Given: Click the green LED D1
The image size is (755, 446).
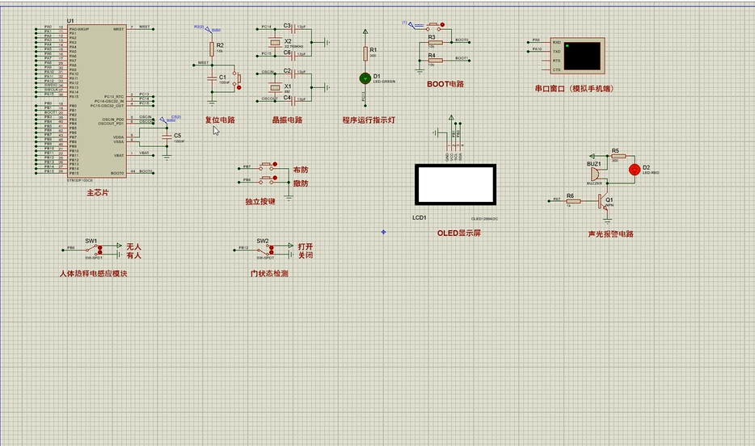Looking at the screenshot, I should [365, 78].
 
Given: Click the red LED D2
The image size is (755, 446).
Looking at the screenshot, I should [635, 169].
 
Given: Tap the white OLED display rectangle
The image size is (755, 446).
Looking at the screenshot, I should [455, 185].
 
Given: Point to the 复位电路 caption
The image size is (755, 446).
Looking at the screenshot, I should [219, 120].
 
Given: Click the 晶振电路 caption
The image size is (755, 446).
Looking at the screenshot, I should [287, 120].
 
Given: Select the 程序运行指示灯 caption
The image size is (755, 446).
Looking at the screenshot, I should [368, 120].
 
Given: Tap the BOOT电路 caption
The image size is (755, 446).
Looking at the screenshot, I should [445, 84].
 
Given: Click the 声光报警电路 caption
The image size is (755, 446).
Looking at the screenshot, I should [610, 234].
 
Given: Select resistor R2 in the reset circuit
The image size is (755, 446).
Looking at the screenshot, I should [212, 48].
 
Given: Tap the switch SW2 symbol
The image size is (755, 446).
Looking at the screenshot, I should [264, 249].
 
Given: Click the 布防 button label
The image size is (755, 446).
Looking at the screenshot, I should [301, 170].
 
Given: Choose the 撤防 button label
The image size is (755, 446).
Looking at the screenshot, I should [301, 183].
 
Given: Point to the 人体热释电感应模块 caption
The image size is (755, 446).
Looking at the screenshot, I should [93, 274].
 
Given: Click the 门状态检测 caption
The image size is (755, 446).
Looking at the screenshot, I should [269, 274].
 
